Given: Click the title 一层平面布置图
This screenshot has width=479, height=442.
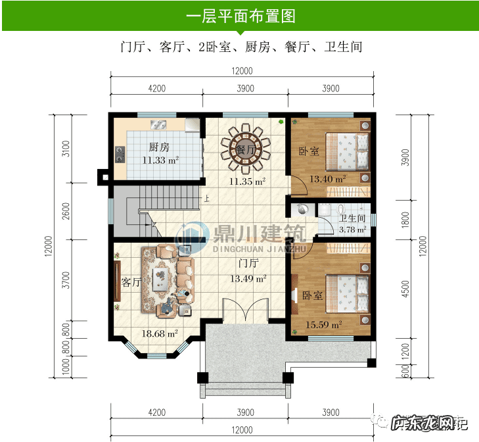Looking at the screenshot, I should [239, 16].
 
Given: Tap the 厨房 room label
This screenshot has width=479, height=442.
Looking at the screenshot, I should [159, 147].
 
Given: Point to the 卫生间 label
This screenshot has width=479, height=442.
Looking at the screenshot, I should [352, 218].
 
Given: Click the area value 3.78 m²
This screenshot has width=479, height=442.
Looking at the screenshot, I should [352, 230].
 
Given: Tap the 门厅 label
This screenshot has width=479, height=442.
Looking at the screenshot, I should [248, 264].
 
